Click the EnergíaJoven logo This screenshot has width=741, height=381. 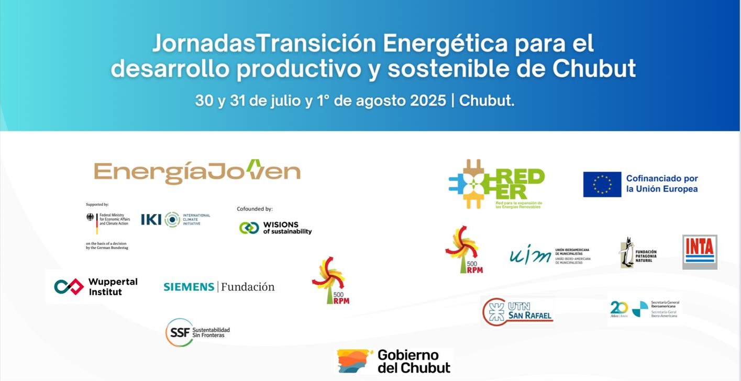pos(197,172)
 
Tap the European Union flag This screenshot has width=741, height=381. pos(602,184)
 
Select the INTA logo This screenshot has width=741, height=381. pos(700,252)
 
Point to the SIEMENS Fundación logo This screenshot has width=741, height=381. pos(219,287)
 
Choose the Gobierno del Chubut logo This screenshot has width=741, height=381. pos(394,361)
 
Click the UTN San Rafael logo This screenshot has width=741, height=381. pos(518,312)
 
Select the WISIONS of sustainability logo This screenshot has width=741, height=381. pos(275,228)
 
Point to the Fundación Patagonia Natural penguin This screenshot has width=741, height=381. pos(626,252)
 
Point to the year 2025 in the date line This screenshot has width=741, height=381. pos(427,100)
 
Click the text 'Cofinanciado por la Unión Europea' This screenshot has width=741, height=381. pos(662,184)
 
